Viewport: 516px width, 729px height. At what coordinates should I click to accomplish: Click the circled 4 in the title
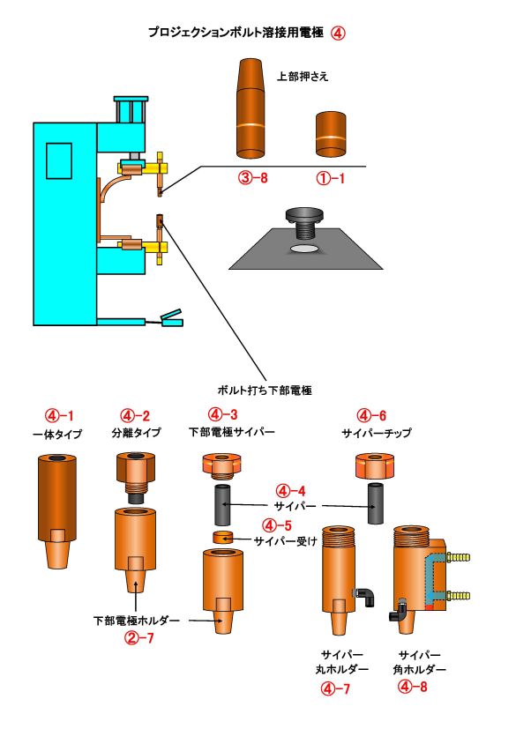[x=338, y=33]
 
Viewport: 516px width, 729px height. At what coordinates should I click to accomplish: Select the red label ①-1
[x=334, y=177]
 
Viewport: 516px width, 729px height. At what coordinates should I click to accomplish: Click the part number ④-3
[x=221, y=414]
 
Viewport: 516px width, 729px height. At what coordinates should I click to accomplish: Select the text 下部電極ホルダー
[x=136, y=621]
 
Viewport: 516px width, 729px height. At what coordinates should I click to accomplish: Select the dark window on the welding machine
[x=60, y=163]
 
